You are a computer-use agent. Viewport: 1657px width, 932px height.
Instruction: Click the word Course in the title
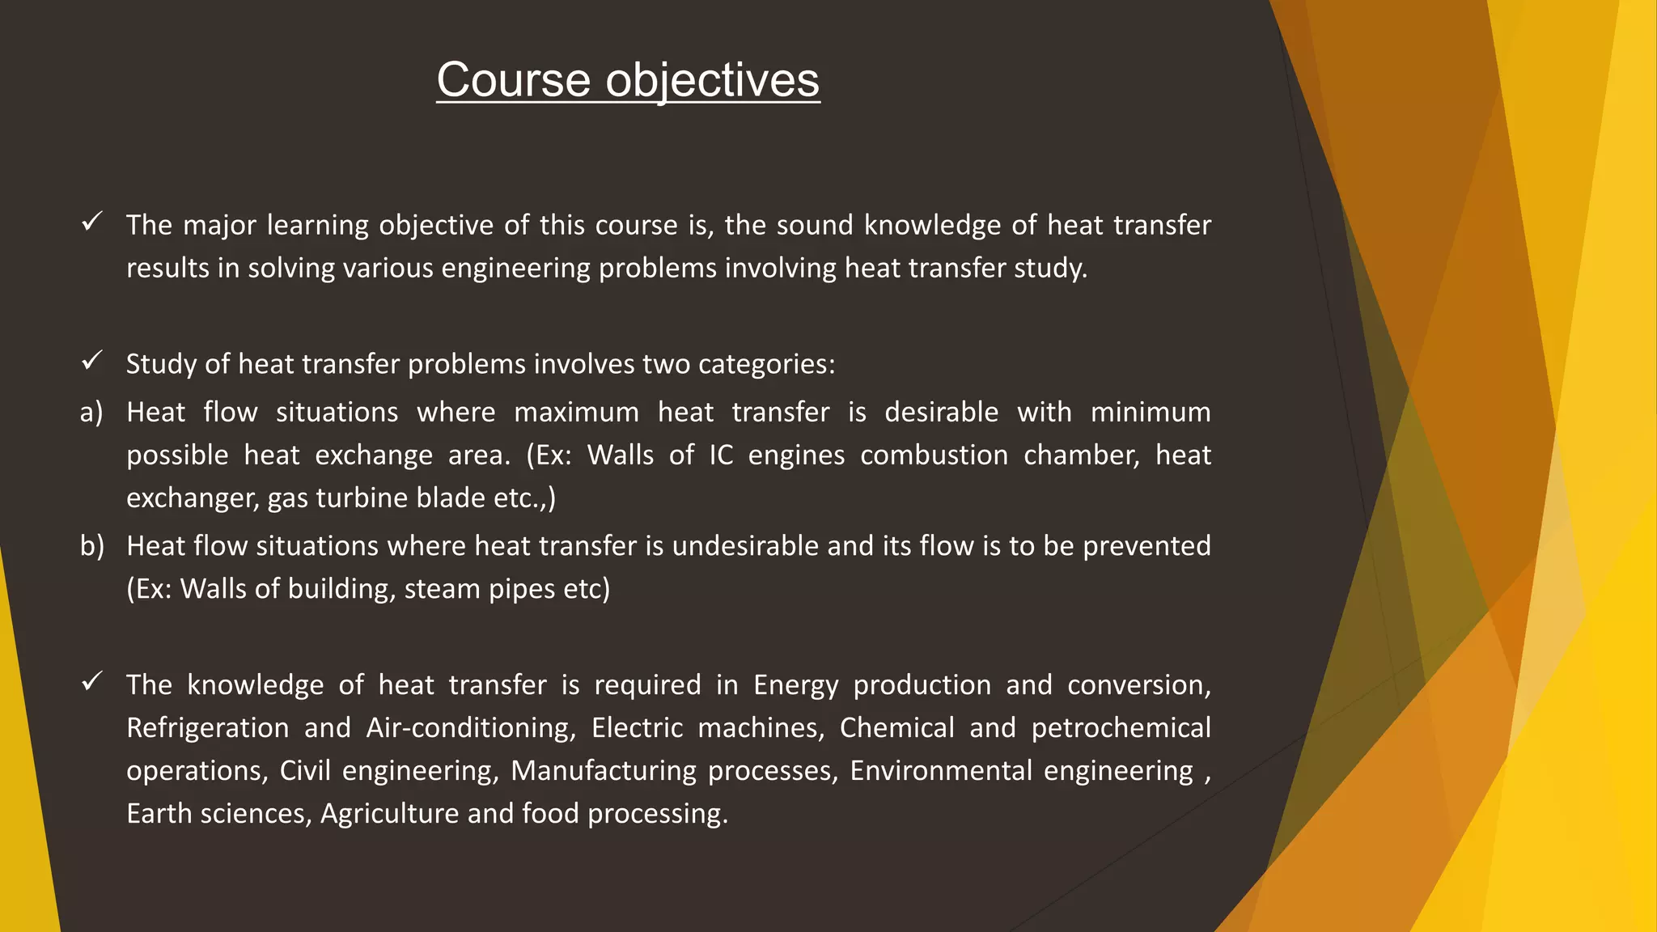click(x=514, y=80)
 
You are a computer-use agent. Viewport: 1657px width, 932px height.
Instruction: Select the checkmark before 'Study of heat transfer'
click(x=91, y=360)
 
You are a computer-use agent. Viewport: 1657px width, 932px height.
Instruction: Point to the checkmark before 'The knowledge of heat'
click(x=91, y=681)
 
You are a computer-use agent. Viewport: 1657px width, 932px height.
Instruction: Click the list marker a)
click(x=91, y=413)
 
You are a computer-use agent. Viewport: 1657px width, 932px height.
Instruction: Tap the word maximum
click(x=576, y=413)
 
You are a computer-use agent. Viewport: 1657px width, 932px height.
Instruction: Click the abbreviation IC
click(x=721, y=455)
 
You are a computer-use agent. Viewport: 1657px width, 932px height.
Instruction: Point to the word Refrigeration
click(x=208, y=728)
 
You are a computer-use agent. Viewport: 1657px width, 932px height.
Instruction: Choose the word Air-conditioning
click(x=471, y=728)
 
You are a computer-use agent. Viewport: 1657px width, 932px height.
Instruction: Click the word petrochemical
click(x=1121, y=728)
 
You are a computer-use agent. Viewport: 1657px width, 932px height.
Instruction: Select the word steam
click(x=442, y=589)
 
